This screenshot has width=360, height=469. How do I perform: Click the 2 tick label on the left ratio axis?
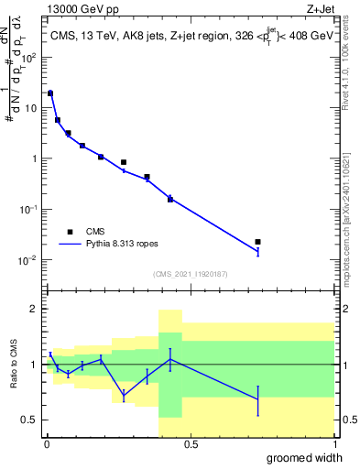click(34, 309)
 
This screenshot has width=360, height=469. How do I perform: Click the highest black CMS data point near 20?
click(50, 93)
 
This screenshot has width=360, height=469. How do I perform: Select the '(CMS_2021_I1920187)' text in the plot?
click(190, 274)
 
